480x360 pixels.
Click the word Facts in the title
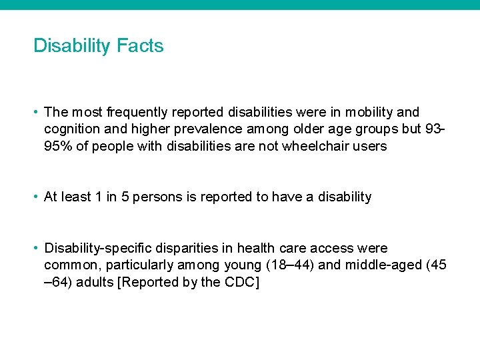[140, 46]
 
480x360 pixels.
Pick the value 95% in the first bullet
[59, 146]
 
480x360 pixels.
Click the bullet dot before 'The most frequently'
[37, 113]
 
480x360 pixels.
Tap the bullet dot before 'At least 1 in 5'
[37, 197]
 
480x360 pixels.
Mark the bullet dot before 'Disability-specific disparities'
[37, 248]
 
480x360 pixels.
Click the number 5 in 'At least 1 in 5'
[125, 197]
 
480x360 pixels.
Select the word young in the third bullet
[243, 265]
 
